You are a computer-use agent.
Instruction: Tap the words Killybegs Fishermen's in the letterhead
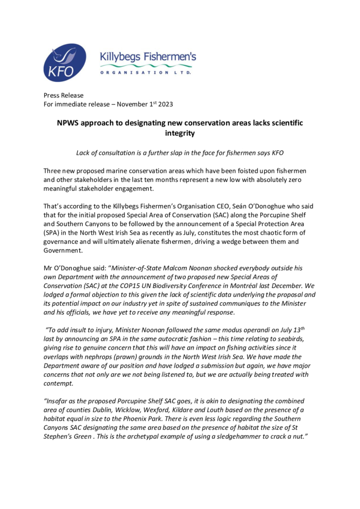point(148,57)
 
